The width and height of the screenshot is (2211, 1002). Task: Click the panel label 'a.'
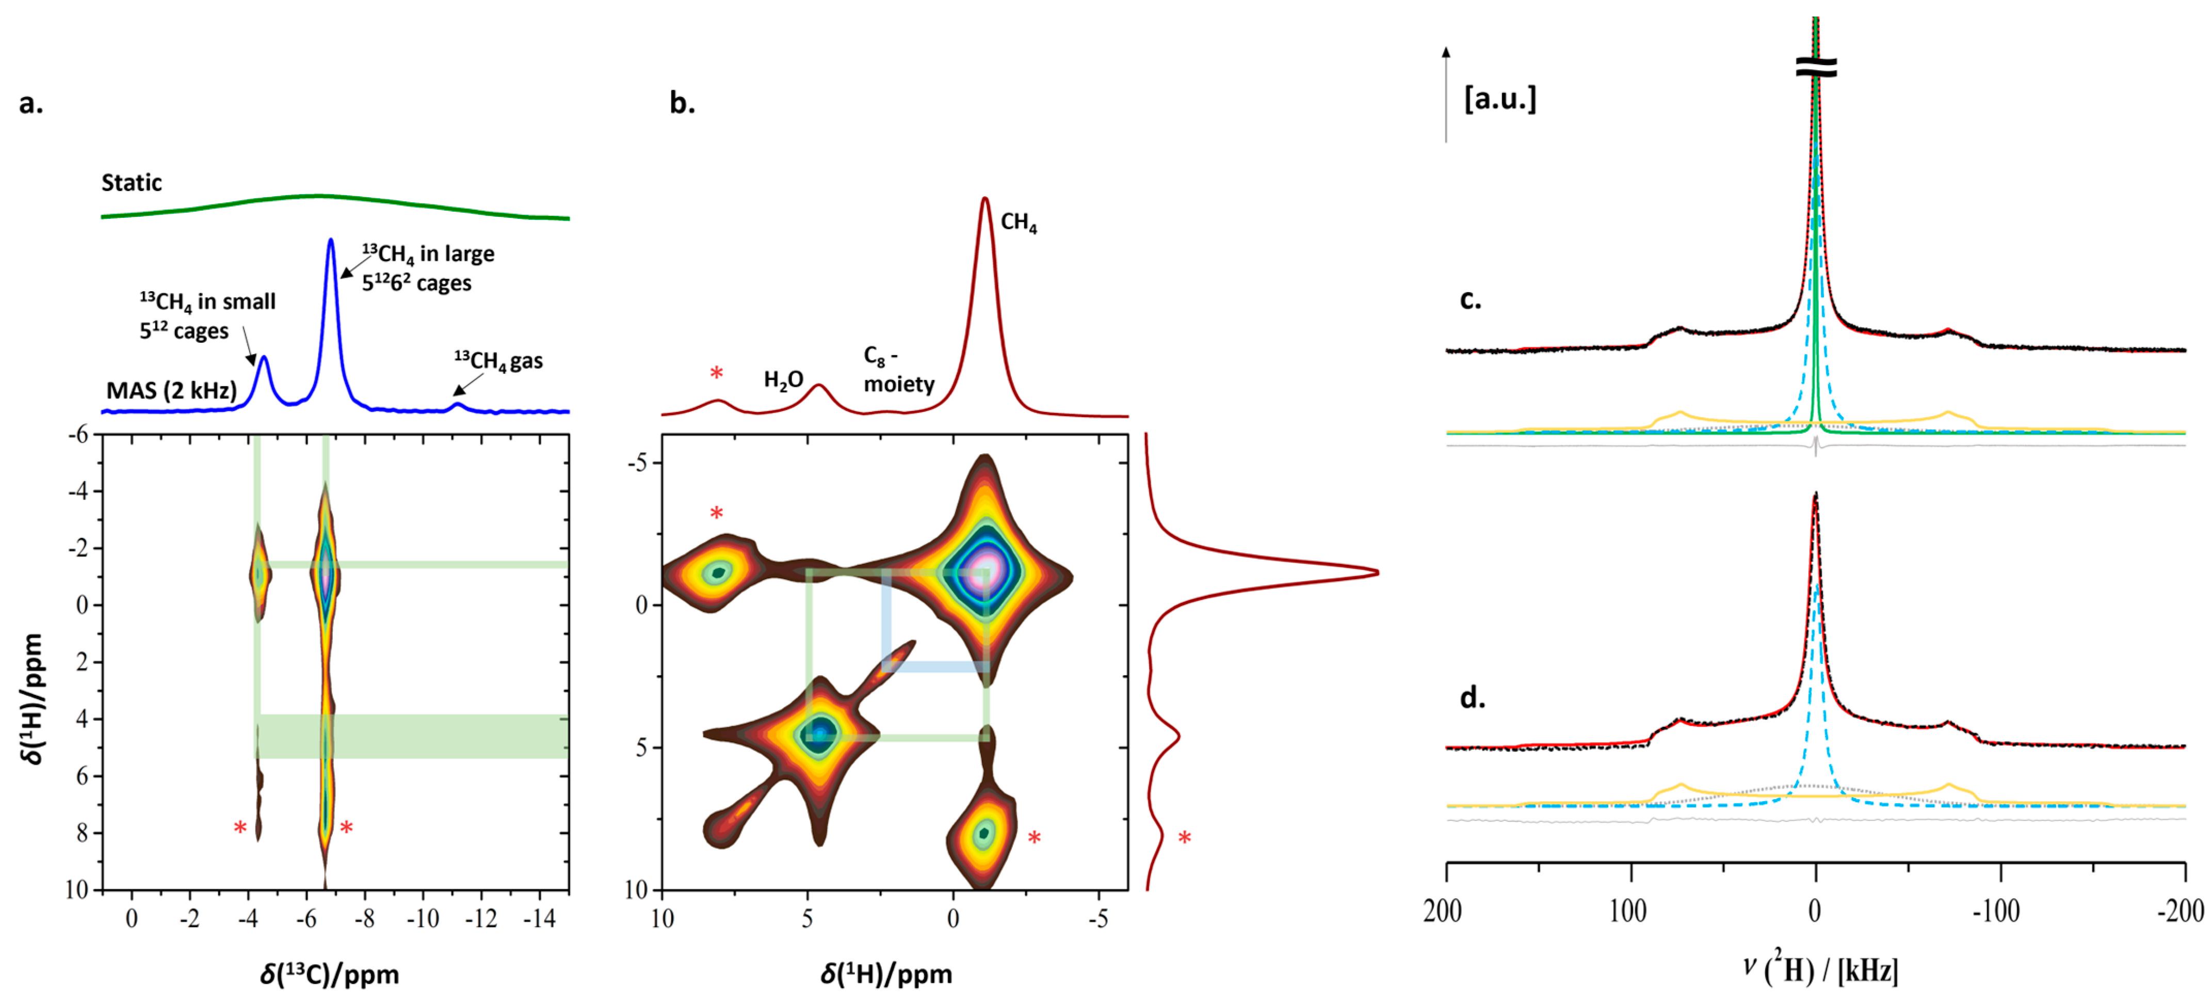click(31, 103)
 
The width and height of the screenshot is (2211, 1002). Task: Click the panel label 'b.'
click(682, 103)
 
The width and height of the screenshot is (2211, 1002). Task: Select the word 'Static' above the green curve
click(132, 182)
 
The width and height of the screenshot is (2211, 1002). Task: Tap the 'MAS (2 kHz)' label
click(171, 391)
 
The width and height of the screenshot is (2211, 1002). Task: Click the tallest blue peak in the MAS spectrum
click(330, 241)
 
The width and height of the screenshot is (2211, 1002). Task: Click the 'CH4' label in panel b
click(1019, 222)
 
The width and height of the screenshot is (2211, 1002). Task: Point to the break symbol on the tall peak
click(1816, 68)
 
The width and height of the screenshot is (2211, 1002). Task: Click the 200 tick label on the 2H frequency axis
click(1443, 910)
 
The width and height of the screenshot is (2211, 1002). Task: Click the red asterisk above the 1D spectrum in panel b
click(716, 373)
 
